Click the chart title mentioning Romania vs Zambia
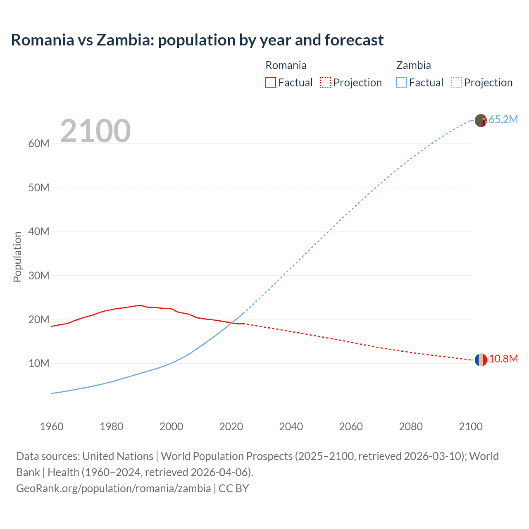(197, 40)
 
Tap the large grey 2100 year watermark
(95, 131)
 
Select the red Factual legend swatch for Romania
(270, 82)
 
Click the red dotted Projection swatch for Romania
(326, 82)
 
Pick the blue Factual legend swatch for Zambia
(401, 82)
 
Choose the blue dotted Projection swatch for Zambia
(457, 82)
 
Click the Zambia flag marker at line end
(481, 120)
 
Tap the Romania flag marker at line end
(481, 360)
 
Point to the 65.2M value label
(503, 119)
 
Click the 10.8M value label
(503, 359)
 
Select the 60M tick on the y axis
(39, 143)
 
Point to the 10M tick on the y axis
(39, 363)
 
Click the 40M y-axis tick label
(39, 231)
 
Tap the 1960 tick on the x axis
(52, 427)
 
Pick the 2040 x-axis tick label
(291, 427)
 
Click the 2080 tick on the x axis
(411, 427)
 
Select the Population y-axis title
(17, 257)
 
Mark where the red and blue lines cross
(231, 322)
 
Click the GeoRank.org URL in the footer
(114, 488)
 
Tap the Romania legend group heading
(286, 65)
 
